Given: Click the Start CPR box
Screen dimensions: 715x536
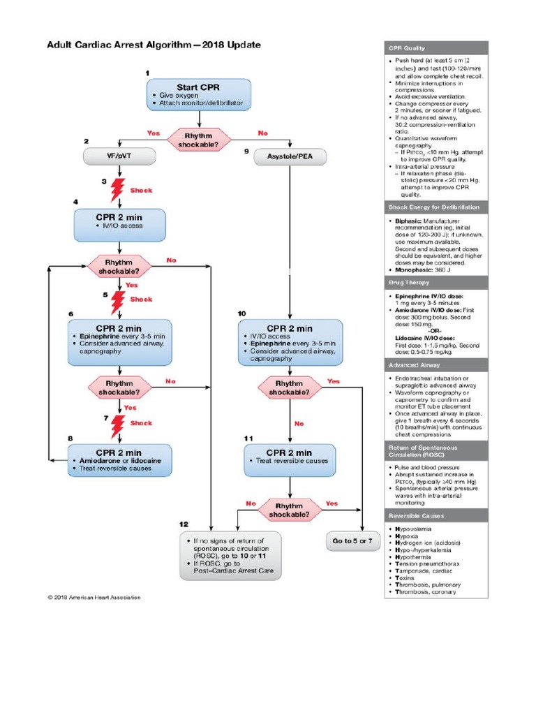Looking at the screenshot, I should pyautogui.click(x=200, y=94).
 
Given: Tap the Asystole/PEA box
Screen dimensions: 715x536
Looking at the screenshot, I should pyautogui.click(x=290, y=157).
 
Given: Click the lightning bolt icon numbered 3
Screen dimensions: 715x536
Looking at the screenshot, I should pyautogui.click(x=119, y=189).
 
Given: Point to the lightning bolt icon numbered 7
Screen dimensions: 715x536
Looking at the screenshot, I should pyautogui.click(x=119, y=423).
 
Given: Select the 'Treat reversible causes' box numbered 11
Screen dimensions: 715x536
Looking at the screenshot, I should pyautogui.click(x=290, y=460).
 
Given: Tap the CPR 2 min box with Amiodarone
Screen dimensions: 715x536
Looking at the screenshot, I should pyautogui.click(x=119, y=460).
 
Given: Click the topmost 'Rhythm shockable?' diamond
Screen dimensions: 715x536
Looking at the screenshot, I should pyautogui.click(x=200, y=140).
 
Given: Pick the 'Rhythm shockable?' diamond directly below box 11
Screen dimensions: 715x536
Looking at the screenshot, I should pyautogui.click(x=289, y=510).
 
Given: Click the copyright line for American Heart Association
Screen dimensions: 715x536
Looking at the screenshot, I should pyautogui.click(x=94, y=597).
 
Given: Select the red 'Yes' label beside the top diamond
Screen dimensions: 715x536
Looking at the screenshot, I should pyautogui.click(x=153, y=133).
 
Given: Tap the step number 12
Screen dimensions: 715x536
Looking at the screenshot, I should pyautogui.click(x=184, y=524).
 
